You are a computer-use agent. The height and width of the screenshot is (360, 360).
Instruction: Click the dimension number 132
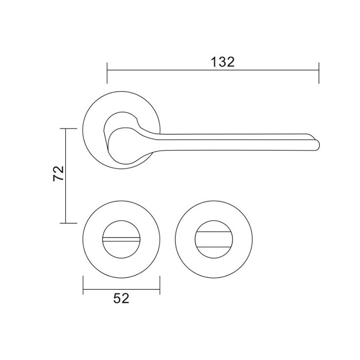click(223, 62)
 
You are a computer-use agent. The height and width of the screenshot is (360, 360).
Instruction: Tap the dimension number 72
click(58, 173)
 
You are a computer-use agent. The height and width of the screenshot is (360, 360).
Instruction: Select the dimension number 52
click(121, 298)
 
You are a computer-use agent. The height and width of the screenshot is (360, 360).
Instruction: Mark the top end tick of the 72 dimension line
click(68, 129)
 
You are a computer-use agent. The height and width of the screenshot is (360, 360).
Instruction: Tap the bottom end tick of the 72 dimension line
click(68, 223)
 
